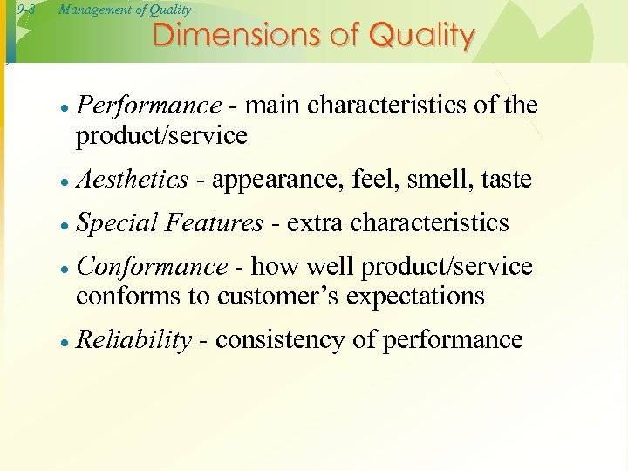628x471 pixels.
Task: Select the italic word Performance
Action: pos(148,106)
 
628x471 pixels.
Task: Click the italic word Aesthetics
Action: pos(132,180)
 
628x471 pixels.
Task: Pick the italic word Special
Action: pos(113,223)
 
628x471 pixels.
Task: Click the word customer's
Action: pos(277,297)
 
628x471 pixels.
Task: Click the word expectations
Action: pos(415,297)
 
